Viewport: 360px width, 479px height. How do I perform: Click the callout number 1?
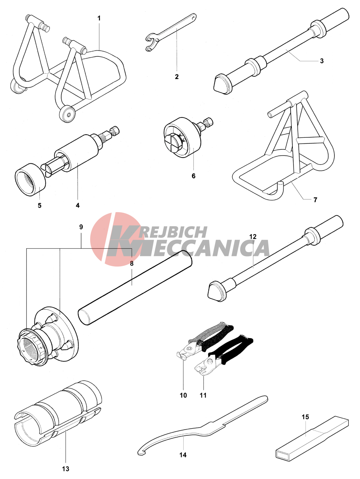(x=99, y=18)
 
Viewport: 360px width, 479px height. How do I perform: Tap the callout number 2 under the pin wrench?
(x=177, y=77)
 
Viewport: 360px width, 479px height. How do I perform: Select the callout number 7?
(x=315, y=200)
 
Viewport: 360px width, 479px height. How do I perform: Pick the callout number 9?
(x=81, y=227)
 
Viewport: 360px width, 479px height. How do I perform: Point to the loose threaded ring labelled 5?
(x=30, y=179)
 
